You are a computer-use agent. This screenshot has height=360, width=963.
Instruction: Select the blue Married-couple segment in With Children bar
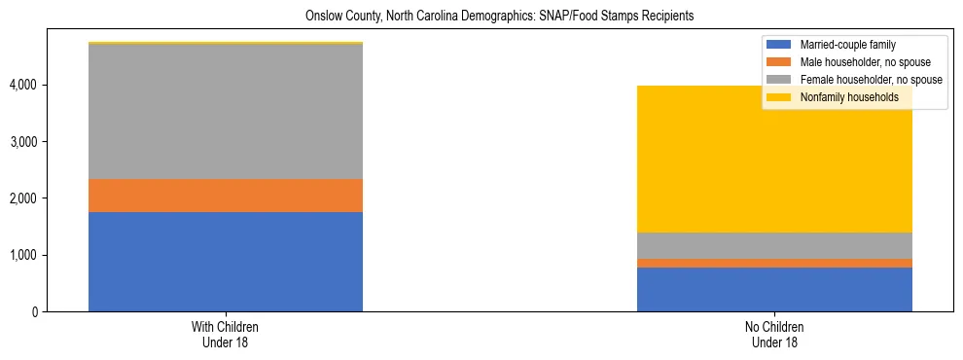click(226, 262)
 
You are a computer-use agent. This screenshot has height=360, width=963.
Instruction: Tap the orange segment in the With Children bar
click(226, 196)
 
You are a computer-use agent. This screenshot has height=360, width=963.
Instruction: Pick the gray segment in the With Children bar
click(226, 112)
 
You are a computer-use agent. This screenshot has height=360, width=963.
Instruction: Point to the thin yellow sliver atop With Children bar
click(226, 43)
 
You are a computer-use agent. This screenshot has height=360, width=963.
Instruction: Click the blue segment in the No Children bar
click(774, 289)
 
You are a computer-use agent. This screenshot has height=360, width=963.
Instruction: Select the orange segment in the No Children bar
click(774, 263)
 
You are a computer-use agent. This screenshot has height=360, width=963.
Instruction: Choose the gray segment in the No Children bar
click(774, 245)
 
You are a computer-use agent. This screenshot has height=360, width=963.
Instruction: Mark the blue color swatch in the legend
click(779, 45)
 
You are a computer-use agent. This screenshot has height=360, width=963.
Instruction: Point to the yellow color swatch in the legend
click(779, 97)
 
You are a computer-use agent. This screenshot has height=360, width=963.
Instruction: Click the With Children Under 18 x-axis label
click(226, 335)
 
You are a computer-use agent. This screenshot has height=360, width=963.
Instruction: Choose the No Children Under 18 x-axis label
click(774, 335)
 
